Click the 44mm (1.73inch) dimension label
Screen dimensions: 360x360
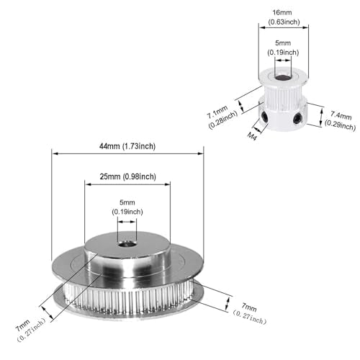pos(127,146)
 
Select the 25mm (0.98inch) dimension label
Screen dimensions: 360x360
pos(128,176)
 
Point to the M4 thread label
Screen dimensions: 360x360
pos(252,136)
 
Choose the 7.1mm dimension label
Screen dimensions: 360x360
pos(217,112)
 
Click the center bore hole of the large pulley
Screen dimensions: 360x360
pos(127,245)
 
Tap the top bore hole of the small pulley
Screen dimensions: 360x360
pos(283,77)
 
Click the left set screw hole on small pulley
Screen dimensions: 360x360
pos(265,117)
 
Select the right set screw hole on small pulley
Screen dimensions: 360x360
pos(297,119)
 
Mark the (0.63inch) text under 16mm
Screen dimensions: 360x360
pos(284,22)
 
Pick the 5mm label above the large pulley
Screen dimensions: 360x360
pos(127,202)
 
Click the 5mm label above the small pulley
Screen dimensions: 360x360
pos(283,43)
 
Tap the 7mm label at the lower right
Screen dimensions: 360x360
pos(249,307)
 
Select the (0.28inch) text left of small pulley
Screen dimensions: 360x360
pos(222,120)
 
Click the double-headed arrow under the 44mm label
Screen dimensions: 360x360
pos(127,153)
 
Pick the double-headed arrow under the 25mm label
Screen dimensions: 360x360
pos(127,184)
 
